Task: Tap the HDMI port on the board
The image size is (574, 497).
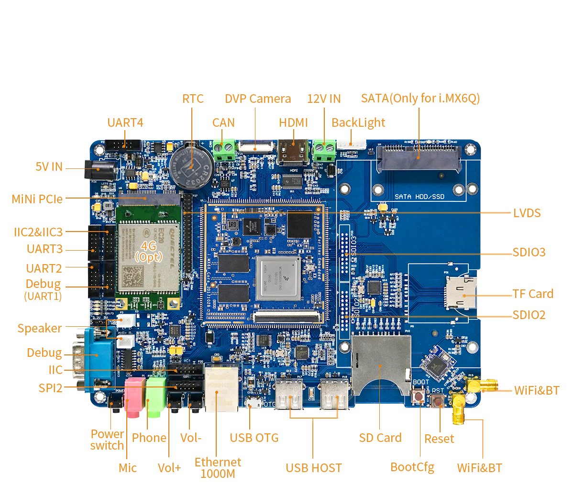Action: coord(293,152)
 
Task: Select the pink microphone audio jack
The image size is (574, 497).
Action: coord(134,395)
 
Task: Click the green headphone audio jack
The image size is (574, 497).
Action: coord(155,395)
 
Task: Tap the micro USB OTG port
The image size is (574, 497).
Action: coord(253,404)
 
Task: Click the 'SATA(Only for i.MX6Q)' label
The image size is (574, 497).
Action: coord(420,99)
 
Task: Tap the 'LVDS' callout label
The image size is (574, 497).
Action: coord(527,213)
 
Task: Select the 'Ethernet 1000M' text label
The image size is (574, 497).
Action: coord(218,468)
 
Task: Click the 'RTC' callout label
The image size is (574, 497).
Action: coord(193,99)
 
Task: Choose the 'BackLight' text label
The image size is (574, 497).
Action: coord(358,122)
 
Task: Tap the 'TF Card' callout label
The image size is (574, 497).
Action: coord(532,294)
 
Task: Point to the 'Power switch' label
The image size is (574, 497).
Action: coord(107,440)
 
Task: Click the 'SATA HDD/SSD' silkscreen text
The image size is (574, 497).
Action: coord(419,197)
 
